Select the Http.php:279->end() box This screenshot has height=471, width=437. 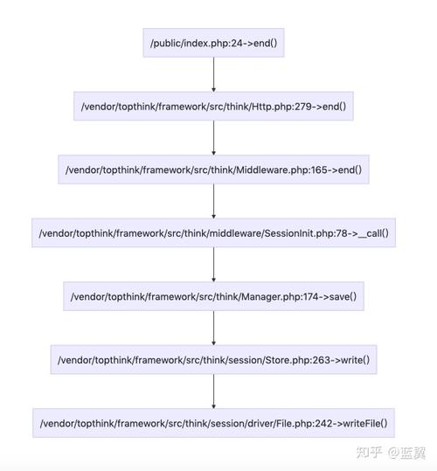(213, 107)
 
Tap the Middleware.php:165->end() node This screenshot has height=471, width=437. (213, 170)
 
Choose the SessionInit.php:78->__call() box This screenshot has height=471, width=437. (213, 233)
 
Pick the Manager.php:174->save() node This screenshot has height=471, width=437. (213, 297)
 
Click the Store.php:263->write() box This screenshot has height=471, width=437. (213, 360)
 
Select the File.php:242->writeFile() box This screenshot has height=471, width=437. (213, 424)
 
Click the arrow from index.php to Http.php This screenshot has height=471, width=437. (213, 75)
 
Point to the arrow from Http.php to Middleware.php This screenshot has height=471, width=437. (213, 138)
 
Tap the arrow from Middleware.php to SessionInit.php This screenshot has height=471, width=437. (213, 201)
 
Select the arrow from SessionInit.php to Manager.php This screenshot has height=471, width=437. (213, 265)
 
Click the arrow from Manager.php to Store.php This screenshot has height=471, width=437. (213, 328)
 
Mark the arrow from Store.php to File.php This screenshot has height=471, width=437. (213, 391)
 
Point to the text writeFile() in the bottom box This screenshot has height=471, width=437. (361, 424)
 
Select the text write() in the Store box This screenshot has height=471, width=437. (353, 360)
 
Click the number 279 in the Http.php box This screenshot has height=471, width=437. (292, 107)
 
